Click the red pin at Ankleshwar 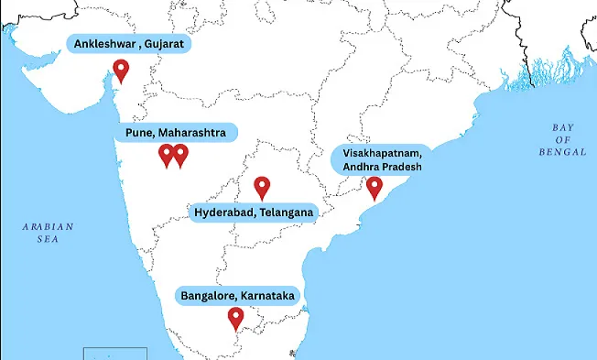pos(120,70)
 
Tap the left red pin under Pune pos(166,155)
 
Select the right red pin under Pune pos(180,155)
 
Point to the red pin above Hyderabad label pos(262,187)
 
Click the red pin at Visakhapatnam pos(374,188)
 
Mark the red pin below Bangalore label pos(236,318)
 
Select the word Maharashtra pos(190,133)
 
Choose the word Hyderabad pos(224,213)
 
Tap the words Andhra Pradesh pos(383,166)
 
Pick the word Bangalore pos(208,296)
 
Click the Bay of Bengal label pos(562,139)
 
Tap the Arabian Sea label pos(48,233)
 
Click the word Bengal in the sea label pos(562,151)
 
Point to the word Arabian pos(48,225)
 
